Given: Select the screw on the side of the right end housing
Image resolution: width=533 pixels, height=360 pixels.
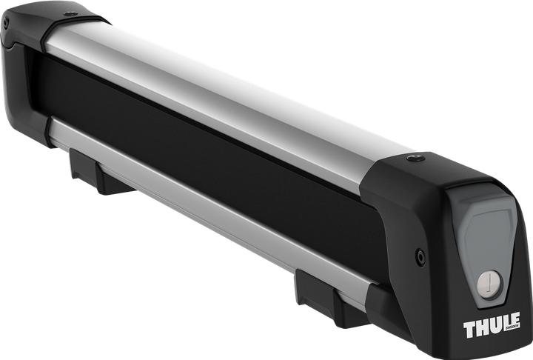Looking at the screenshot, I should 420,257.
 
